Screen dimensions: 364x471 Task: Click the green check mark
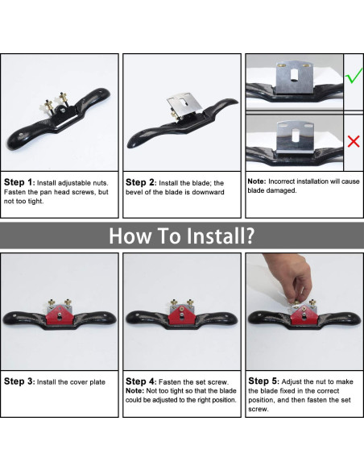point(354,77)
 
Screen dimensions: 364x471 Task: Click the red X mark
point(354,141)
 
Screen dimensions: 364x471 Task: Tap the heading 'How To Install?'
point(182,235)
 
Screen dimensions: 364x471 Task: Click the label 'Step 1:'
point(19,182)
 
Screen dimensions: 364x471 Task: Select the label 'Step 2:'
point(141,182)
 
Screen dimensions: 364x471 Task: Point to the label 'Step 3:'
point(19,381)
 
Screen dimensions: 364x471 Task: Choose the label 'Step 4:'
point(141,381)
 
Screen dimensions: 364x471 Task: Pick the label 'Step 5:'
point(264,381)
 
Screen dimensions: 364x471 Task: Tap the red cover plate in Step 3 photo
point(60,315)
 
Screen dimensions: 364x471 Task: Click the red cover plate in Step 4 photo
point(182,315)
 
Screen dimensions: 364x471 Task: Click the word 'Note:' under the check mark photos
point(257,181)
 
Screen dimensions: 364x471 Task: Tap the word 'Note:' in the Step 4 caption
point(134,391)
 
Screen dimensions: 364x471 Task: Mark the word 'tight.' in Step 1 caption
point(36,202)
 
